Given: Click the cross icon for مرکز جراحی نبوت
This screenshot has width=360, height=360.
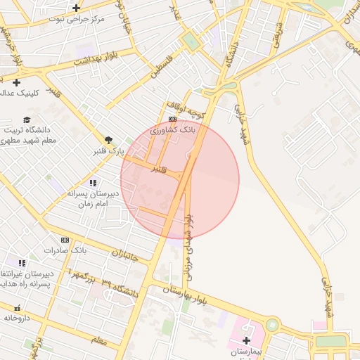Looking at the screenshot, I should pyautogui.click(x=76, y=8).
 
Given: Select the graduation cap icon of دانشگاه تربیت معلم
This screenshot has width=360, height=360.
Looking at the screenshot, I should pyautogui.click(x=27, y=120).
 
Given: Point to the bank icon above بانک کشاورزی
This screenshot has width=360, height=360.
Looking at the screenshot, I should pyautogui.click(x=172, y=120).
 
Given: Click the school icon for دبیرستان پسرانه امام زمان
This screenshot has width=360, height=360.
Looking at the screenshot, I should pyautogui.click(x=93, y=182).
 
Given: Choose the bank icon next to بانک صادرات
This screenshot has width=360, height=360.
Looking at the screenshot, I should pyautogui.click(x=65, y=240).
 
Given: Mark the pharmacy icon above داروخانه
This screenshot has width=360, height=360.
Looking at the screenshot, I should pyautogui.click(x=17, y=308).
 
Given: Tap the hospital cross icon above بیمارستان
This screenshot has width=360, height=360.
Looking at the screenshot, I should pyautogui.click(x=245, y=340).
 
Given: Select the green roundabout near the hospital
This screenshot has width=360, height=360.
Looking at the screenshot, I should pyautogui.click(x=272, y=325).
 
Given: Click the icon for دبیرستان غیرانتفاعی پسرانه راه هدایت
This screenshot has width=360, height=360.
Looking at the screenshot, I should pyautogui.click(x=22, y=263).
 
